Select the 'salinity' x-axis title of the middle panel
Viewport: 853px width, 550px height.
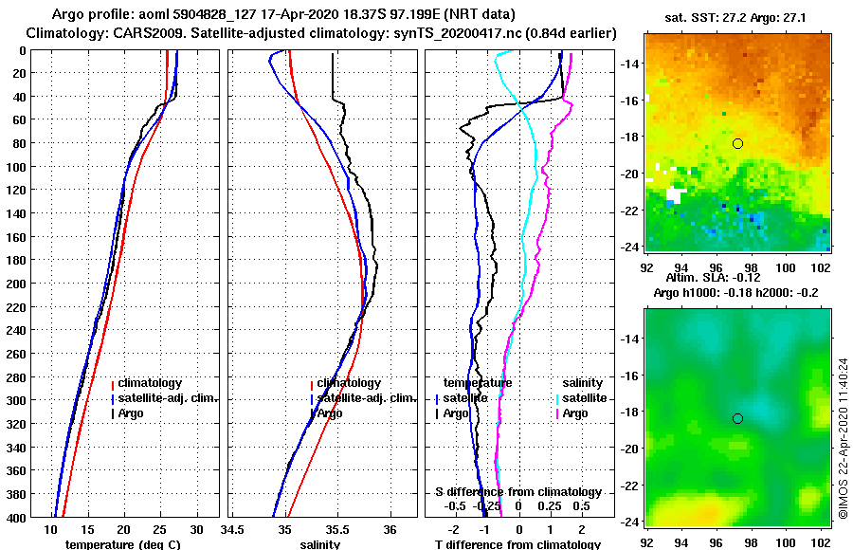click(320, 544)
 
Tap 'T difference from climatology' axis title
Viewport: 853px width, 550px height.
click(517, 544)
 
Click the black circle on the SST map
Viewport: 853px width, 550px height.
click(737, 143)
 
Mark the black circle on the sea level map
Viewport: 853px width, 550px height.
click(737, 418)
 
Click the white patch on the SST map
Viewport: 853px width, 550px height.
click(675, 194)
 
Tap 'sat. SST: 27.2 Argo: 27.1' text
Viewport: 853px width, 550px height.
click(737, 17)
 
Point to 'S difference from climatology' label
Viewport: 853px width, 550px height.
click(517, 492)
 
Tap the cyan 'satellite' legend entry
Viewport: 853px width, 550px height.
click(586, 398)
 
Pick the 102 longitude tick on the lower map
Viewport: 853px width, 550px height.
click(819, 543)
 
